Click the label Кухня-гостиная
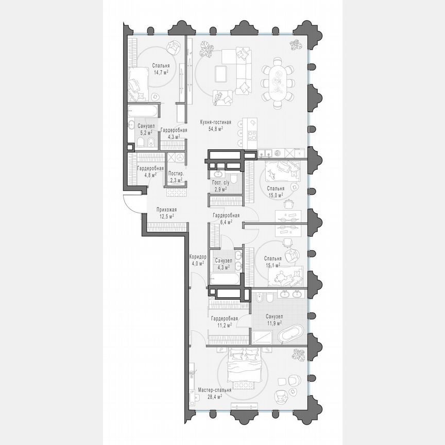216,122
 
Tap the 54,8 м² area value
216,129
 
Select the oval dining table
278,83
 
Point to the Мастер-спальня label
214,390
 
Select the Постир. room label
177,174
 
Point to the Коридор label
198,256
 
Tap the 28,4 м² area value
214,397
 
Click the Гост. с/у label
221,183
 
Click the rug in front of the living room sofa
221,73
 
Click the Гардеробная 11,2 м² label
224,318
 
